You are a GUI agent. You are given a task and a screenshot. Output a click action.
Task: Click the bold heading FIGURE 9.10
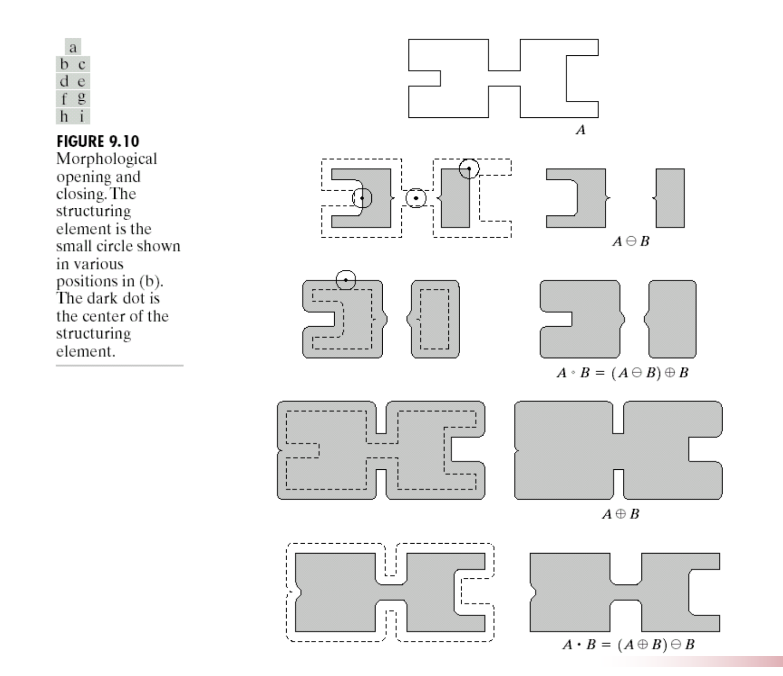click(98, 142)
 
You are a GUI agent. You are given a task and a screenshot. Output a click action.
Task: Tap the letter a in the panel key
click(73, 48)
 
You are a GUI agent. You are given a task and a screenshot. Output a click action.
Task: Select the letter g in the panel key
click(82, 98)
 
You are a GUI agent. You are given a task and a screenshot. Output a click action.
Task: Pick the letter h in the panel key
click(65, 116)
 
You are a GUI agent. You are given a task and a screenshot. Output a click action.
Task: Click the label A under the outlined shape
click(581, 130)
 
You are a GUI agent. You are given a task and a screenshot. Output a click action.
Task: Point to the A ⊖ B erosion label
click(631, 241)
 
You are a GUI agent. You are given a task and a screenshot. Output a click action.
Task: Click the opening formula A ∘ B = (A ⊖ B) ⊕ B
click(622, 373)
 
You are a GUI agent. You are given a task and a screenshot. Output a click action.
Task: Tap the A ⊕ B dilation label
click(621, 514)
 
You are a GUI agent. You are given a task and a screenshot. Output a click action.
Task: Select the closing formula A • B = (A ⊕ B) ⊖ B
click(629, 644)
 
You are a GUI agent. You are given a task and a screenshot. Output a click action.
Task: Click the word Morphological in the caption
click(106, 159)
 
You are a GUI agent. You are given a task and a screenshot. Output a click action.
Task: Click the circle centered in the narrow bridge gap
click(416, 198)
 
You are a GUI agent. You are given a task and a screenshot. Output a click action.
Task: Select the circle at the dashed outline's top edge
click(469, 168)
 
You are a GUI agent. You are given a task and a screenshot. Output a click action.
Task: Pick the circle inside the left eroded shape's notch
click(362, 198)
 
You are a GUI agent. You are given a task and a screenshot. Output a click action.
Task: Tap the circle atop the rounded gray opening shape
click(346, 280)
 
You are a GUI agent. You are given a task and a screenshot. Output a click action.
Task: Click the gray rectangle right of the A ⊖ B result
click(670, 198)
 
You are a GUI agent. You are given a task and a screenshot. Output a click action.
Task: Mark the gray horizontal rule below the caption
click(120, 365)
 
